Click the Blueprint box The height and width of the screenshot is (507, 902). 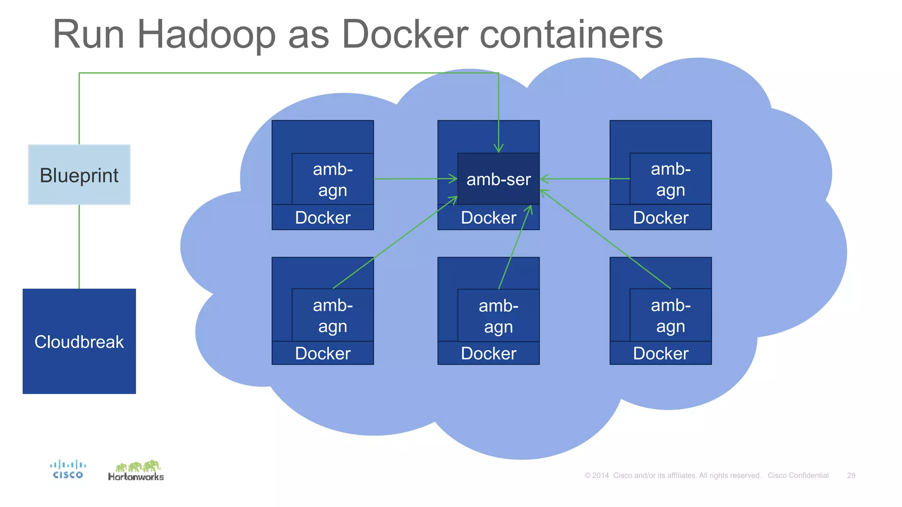[79, 175]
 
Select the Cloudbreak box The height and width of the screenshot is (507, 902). [79, 341]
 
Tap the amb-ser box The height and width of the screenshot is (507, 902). [499, 179]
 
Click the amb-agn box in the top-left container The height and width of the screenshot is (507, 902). [333, 179]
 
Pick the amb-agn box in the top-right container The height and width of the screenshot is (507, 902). [670, 179]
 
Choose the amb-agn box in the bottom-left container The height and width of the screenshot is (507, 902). [333, 315]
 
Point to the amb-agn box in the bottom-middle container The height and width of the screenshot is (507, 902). [499, 316]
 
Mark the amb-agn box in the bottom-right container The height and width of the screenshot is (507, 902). [670, 315]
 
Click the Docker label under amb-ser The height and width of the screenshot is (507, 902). [488, 217]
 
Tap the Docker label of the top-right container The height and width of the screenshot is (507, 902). [661, 217]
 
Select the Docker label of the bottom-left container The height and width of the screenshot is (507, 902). [323, 353]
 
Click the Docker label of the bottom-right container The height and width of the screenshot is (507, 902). [661, 353]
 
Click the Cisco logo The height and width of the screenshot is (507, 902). [68, 469]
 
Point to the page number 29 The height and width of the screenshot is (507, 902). [851, 475]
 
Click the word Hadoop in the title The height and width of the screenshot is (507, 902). [206, 35]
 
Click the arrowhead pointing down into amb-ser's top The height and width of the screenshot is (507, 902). [499, 148]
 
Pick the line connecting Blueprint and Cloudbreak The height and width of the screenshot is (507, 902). [79, 246]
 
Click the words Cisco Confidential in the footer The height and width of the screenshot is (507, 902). [798, 475]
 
